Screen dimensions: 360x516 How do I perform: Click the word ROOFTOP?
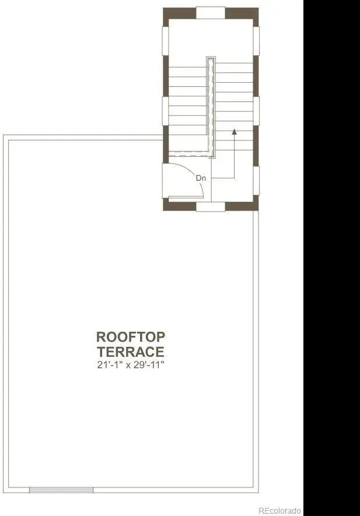point(131,337)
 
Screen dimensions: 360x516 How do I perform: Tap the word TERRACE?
point(131,352)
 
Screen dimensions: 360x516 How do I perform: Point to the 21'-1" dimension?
point(110,365)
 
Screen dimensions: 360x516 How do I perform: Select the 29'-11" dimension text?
point(149,365)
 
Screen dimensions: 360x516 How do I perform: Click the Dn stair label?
point(201,178)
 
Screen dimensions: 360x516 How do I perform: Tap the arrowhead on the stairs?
point(234,132)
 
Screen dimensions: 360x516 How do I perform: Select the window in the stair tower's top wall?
point(211,13)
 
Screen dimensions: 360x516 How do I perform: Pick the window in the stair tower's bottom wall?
point(211,206)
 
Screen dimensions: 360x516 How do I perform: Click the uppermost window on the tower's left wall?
point(165,41)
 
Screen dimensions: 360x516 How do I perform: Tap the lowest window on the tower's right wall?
point(256,181)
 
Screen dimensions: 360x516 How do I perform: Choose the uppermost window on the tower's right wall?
point(256,41)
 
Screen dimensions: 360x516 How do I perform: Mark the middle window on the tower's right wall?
point(256,111)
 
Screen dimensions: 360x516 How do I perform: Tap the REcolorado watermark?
point(279,510)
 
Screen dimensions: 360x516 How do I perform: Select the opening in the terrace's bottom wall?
point(61,490)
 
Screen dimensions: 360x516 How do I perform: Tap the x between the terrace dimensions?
point(128,366)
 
